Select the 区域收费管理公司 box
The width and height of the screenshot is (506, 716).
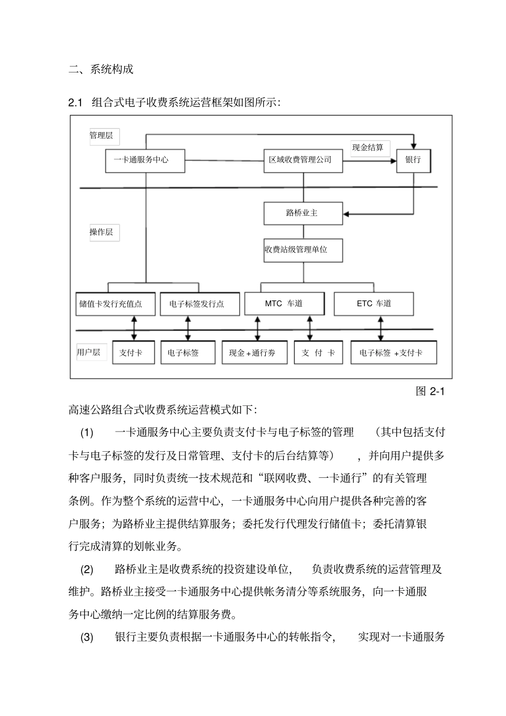(x=303, y=160)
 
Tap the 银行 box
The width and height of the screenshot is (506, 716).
(x=413, y=160)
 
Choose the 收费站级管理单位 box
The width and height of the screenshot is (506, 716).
(x=303, y=250)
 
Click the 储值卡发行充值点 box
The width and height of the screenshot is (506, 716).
(x=116, y=304)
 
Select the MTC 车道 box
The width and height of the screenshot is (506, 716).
(x=284, y=304)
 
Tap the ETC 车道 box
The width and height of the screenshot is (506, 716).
(x=374, y=304)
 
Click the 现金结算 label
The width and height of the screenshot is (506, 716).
(x=368, y=148)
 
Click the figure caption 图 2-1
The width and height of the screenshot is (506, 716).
(x=429, y=392)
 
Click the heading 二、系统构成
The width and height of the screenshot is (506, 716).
(x=101, y=69)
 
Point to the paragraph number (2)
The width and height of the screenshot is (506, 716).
(x=87, y=569)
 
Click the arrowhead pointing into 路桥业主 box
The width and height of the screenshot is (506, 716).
(x=347, y=214)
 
